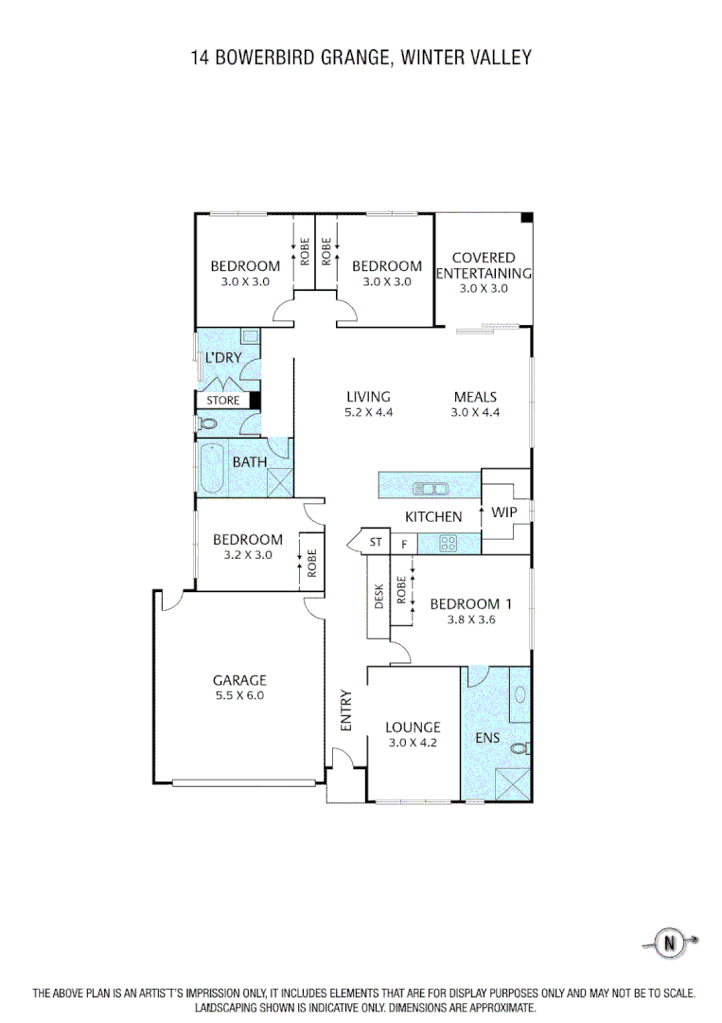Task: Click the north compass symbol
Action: [x=672, y=942]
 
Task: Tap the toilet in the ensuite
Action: [x=519, y=748]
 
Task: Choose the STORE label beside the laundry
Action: [x=223, y=401]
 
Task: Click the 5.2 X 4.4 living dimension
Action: [x=368, y=412]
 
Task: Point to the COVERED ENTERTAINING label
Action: [x=484, y=265]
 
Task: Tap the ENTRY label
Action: [x=346, y=709]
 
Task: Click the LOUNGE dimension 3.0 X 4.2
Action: [x=412, y=743]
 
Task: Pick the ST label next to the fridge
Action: [x=376, y=543]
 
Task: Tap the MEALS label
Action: [x=475, y=397]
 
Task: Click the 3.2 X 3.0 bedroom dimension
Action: [x=247, y=555]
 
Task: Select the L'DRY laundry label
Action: [x=224, y=358]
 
